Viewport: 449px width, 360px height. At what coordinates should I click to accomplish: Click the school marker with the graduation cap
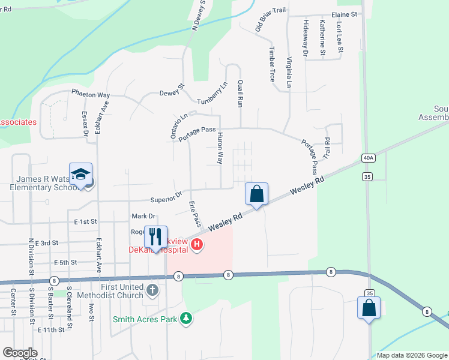(80, 175)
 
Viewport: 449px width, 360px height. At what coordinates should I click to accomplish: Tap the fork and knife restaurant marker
(155, 237)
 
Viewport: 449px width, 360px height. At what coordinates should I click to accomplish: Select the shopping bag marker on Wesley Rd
(256, 194)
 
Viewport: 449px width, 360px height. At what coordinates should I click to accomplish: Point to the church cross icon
(152, 290)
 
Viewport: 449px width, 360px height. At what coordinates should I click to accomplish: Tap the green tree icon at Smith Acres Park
(187, 318)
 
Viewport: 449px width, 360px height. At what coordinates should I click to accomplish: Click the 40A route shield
(368, 158)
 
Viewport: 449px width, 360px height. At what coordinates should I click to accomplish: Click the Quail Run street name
(240, 94)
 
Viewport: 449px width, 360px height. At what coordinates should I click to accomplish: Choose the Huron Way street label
(220, 149)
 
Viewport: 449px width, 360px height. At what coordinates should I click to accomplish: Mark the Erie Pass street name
(194, 214)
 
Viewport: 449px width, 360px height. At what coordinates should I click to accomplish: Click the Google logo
(20, 353)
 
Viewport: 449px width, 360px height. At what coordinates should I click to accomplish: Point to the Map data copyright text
(412, 355)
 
